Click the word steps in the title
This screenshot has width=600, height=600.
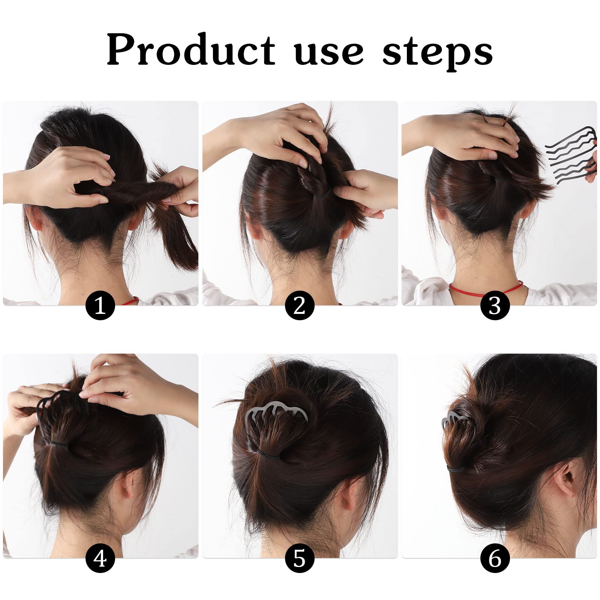pyautogui.click(x=437, y=52)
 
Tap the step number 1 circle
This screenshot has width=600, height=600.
pyautogui.click(x=100, y=306)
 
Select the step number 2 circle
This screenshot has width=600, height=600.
pyautogui.click(x=299, y=306)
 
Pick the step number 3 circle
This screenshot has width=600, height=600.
pyautogui.click(x=495, y=306)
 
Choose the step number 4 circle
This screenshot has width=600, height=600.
pyautogui.click(x=100, y=558)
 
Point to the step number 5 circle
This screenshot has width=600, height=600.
pyautogui.click(x=299, y=558)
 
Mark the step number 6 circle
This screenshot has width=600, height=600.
pyautogui.click(x=495, y=558)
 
